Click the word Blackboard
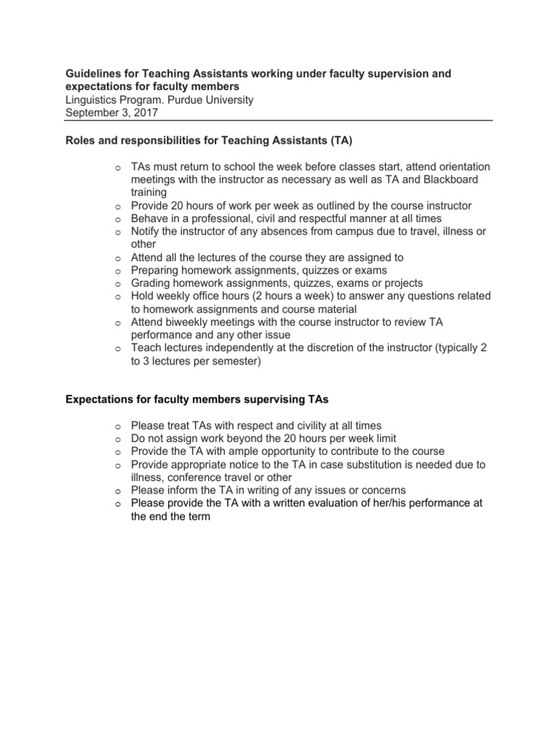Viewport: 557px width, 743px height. coord(447,179)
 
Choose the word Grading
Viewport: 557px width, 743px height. coord(150,283)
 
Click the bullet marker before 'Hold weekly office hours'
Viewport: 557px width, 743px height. coord(117,297)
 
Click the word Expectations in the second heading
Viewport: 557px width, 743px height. coord(100,399)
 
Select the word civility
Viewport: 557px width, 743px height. coord(297,425)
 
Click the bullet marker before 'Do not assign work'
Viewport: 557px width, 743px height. coord(117,439)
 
